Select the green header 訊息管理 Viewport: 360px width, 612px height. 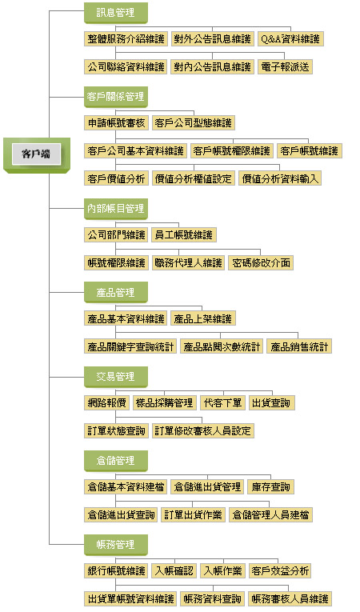point(115,13)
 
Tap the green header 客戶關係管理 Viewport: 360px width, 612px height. point(115,97)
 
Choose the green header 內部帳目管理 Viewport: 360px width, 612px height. point(115,209)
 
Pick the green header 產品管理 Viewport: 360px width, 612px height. point(115,292)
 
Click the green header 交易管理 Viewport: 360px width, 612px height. point(115,377)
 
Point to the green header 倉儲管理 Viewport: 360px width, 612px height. point(115,461)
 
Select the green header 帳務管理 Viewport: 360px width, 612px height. point(115,545)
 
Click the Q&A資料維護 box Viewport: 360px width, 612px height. point(290,39)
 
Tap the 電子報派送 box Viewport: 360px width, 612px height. point(285,66)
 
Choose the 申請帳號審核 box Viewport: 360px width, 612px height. point(116,123)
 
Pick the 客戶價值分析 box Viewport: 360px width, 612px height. point(116,178)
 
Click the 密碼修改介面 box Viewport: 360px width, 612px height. point(261,262)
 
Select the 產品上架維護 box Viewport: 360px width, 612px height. point(202,318)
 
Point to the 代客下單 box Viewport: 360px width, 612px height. point(223,402)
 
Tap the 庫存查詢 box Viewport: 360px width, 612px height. point(271,486)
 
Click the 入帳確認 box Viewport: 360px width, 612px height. point(174,571)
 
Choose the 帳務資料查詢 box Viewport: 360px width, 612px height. point(213,598)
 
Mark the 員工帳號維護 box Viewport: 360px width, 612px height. point(183,234)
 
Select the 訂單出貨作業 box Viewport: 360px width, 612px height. point(194,514)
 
